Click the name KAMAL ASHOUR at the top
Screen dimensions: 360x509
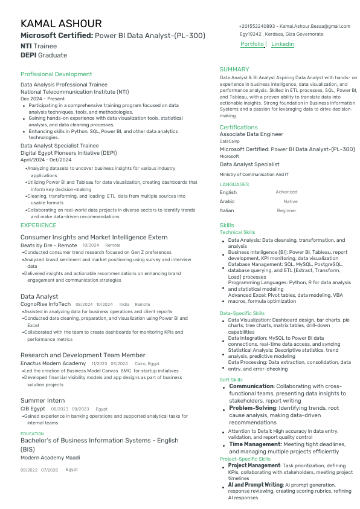pyautogui.click(x=61, y=24)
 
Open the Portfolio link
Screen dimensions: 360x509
pyautogui.click(x=252, y=44)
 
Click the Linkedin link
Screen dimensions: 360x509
pyautogui.click(x=283, y=44)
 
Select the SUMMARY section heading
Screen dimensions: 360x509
pyautogui.click(x=234, y=70)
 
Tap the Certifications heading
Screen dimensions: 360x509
pyautogui.click(x=239, y=128)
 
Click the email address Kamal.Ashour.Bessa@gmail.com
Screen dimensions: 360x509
pyautogui.click(x=315, y=27)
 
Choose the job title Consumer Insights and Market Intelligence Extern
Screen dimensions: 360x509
pyautogui.click(x=94, y=237)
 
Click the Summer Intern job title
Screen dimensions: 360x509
pyautogui.click(x=42, y=400)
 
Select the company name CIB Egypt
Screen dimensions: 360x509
pyautogui.click(x=33, y=409)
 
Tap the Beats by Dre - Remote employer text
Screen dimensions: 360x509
pyautogui.click(x=49, y=245)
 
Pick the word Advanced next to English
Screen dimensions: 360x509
pyautogui.click(x=286, y=192)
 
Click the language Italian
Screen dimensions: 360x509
pyautogui.click(x=228, y=210)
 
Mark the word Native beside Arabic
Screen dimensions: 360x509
pyautogui.click(x=291, y=201)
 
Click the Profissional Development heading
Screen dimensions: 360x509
pyautogui.click(x=56, y=74)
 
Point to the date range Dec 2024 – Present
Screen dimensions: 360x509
pyautogui.click(x=42, y=99)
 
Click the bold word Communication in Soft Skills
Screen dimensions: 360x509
pyautogui.click(x=251, y=386)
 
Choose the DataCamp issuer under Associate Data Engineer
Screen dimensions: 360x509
pyautogui.click(x=229, y=141)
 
